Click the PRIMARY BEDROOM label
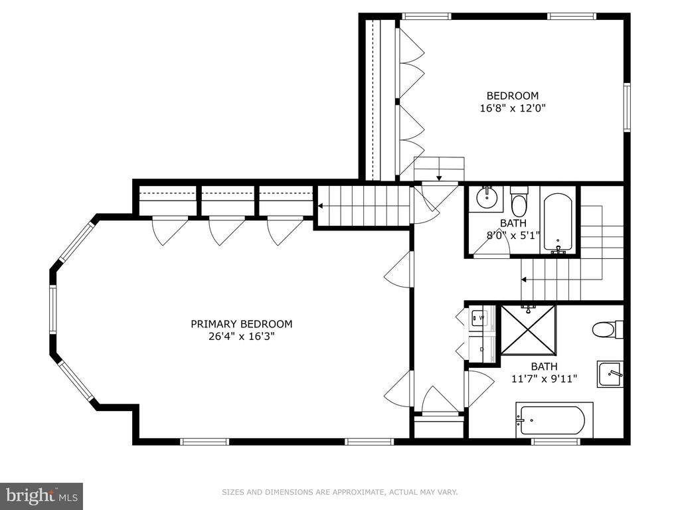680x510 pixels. coord(242,324)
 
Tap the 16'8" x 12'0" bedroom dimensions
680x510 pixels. coord(512,108)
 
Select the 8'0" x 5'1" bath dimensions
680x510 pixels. coord(513,236)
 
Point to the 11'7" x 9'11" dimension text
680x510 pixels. coord(545,379)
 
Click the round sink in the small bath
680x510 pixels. coord(487,199)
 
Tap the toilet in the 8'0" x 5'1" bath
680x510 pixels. coord(518,202)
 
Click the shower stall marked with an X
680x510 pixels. coord(528,329)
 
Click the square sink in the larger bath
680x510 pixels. coord(610,375)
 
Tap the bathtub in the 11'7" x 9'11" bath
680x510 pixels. coord(554,420)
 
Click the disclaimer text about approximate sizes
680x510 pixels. coord(340,492)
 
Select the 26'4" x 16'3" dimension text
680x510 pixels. coord(242,336)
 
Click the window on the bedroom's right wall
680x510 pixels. coord(627,107)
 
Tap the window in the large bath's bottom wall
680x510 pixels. coord(556,442)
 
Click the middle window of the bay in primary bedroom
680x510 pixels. coord(53,309)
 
